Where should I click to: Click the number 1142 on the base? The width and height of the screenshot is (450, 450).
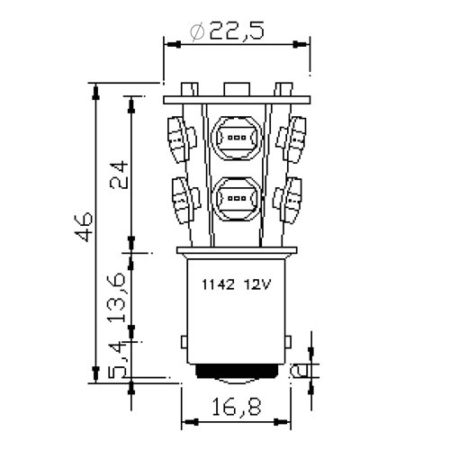tap(216, 284)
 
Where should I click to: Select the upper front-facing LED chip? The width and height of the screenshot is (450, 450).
tap(238, 139)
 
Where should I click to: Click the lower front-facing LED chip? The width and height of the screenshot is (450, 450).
tap(238, 196)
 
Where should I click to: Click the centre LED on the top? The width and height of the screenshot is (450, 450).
tap(237, 90)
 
